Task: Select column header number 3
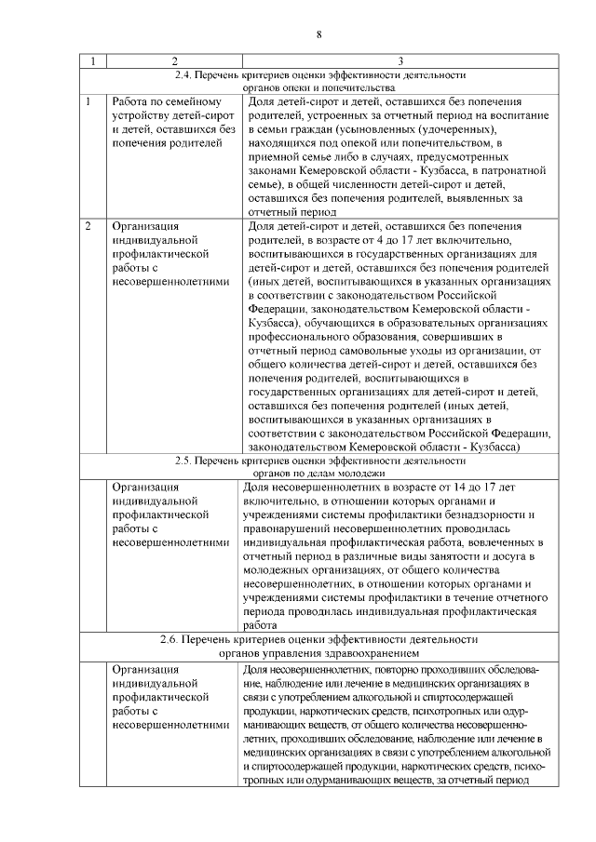(400, 61)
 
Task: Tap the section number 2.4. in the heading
(185, 74)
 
